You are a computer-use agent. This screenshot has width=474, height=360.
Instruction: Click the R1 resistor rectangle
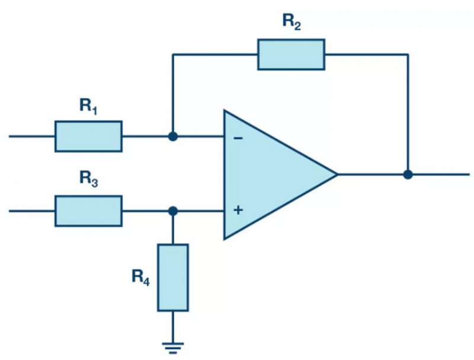tap(88, 136)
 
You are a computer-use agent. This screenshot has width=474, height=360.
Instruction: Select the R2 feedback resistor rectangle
tap(292, 55)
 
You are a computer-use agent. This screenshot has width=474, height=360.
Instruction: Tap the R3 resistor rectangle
tap(88, 211)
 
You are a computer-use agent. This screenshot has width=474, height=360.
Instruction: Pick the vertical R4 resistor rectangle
tap(173, 278)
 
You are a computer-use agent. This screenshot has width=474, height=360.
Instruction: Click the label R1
tap(88, 107)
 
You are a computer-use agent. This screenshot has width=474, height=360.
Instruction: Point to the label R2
tap(292, 22)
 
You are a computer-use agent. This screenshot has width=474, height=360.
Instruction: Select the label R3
tap(88, 179)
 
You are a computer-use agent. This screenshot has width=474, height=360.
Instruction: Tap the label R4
tap(140, 278)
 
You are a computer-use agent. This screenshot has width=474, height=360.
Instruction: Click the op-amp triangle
tap(272, 174)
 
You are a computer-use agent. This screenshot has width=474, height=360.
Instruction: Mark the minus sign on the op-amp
tap(238, 139)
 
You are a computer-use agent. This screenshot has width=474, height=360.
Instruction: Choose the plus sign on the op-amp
tap(238, 210)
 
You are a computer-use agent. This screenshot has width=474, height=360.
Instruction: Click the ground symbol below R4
tap(173, 348)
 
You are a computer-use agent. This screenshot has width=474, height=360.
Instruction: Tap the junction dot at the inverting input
tap(173, 136)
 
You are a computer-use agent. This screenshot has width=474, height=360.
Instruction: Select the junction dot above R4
tap(173, 211)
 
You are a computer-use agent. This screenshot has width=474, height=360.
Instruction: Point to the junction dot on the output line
tap(408, 174)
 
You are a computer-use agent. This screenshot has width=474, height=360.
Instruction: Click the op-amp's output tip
tap(337, 174)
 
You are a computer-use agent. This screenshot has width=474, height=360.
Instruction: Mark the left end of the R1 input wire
tap(9, 136)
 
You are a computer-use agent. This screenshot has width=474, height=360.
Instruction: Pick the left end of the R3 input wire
tap(9, 211)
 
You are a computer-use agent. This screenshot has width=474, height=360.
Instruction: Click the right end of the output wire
tap(469, 174)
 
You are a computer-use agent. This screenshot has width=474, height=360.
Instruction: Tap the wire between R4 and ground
tap(173, 327)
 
